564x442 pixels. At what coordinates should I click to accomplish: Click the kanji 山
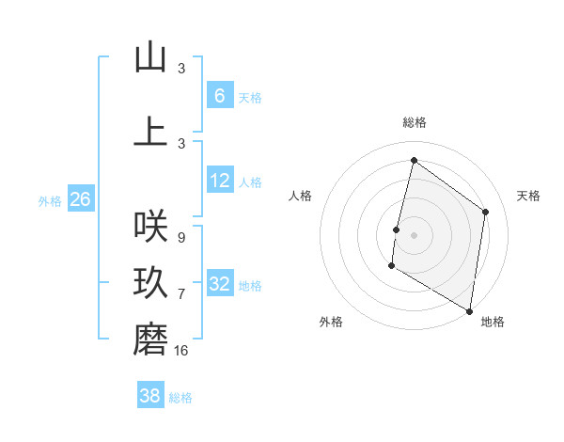[150, 57]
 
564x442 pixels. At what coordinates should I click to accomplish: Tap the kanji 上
[150, 132]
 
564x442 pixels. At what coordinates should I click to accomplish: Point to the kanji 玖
[150, 283]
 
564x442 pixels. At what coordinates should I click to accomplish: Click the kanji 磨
[150, 339]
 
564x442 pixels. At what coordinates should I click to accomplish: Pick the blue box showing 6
[220, 96]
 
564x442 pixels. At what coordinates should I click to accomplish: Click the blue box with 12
[220, 181]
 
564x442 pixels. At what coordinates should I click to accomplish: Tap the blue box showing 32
[220, 284]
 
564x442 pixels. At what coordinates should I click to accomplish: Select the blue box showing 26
[80, 199]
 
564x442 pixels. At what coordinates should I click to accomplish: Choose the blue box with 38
[150, 396]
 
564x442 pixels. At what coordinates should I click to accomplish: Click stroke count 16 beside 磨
[181, 351]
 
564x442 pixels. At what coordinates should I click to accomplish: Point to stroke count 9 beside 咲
[180, 238]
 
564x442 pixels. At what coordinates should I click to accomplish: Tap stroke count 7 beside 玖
[180, 294]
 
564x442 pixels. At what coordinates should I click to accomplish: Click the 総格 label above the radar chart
[414, 122]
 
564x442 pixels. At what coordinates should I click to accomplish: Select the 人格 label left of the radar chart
[301, 196]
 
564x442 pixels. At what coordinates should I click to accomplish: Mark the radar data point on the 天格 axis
[485, 212]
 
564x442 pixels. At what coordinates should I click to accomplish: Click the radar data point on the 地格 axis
[469, 310]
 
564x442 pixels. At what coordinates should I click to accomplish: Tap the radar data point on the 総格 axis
[414, 161]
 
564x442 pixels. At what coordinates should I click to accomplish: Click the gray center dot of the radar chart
[414, 235]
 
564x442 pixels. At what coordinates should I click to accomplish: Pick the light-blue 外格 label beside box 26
[49, 200]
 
